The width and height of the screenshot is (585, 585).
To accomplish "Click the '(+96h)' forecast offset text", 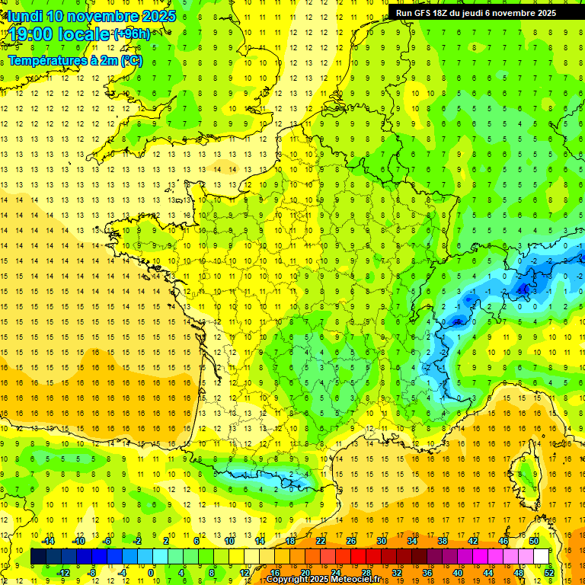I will [132, 34].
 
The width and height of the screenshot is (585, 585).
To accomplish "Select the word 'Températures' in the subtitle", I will [46, 60].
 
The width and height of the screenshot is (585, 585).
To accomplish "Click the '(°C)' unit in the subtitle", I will [129, 60].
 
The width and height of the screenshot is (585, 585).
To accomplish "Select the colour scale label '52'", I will [549, 573].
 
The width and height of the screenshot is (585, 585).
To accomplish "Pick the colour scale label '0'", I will [151, 573].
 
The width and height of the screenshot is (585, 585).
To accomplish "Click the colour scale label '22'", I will [321, 541].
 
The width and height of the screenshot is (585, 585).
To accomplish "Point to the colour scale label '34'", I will [412, 541].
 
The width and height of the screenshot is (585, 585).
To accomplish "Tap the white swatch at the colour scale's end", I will [542, 557].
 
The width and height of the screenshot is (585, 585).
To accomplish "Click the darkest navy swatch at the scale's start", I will [38, 557].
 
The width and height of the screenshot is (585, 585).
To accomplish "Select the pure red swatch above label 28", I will [359, 557].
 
